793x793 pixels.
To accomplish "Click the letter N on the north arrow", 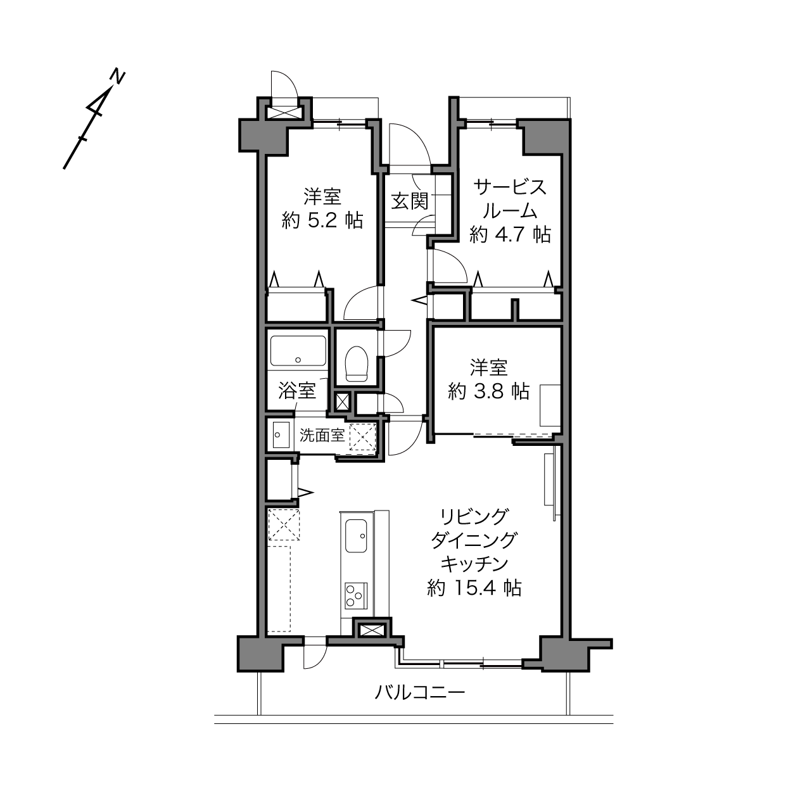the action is pyautogui.click(x=118, y=77).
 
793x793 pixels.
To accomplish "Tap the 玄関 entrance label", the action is pyautogui.click(x=410, y=201).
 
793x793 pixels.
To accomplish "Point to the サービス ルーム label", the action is pyautogui.click(x=511, y=199).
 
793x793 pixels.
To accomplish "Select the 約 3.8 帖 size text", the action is pyautogui.click(x=488, y=391).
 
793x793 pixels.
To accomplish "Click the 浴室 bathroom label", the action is pyautogui.click(x=297, y=390).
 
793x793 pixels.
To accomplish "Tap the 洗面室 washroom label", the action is pyautogui.click(x=322, y=435).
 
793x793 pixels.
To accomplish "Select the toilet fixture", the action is pyautogui.click(x=357, y=364).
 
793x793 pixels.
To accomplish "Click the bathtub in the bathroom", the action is pyautogui.click(x=298, y=350).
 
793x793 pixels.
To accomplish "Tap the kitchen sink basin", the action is pyautogui.click(x=356, y=536).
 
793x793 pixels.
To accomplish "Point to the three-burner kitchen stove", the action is pyautogui.click(x=356, y=595).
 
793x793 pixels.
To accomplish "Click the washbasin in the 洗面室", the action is pyautogui.click(x=281, y=435).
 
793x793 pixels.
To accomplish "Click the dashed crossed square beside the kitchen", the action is pyautogui.click(x=284, y=524).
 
